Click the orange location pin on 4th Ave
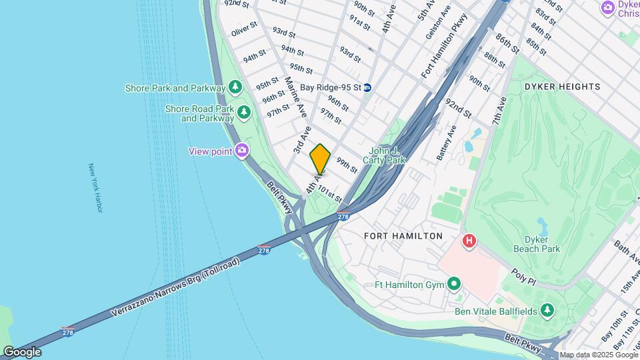[320, 159]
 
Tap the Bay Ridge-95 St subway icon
[367, 87]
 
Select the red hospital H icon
[469, 241]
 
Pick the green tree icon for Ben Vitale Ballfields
[547, 310]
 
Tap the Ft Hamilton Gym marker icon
[454, 285]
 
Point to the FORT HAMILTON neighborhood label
[403, 236]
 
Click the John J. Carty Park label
[384, 156]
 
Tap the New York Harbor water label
[96, 188]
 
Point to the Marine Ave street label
[295, 97]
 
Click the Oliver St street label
[244, 32]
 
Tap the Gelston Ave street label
[438, 21]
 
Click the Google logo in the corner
[22, 351]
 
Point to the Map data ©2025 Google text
[597, 355]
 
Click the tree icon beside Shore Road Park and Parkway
[244, 113]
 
